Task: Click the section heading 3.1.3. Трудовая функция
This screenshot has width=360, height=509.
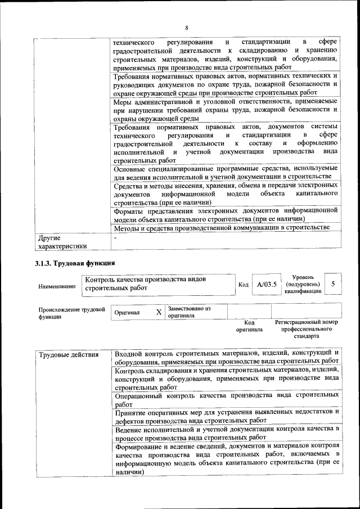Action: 75,263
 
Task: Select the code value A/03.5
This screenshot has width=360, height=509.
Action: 267,285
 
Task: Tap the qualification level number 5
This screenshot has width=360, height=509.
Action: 334,284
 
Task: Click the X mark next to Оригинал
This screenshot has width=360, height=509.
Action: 159,312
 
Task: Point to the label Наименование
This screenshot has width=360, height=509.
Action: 57,286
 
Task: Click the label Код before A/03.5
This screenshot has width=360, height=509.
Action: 243,285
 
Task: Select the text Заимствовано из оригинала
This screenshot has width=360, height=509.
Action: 189,312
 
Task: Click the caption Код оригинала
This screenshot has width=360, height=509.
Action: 245,326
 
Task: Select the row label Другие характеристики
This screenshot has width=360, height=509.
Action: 61,242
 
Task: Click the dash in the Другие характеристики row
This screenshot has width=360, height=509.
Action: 115,238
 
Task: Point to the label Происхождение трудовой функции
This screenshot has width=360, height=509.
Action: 71,313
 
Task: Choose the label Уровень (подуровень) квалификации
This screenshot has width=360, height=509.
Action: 303,285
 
